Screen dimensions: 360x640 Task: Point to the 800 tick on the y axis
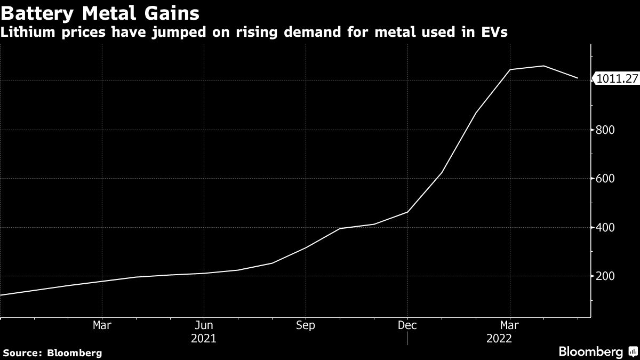click(x=605, y=130)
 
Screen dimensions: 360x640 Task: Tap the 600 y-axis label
click(x=605, y=179)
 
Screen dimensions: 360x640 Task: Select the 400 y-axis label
click(x=605, y=228)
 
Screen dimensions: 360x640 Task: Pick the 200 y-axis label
click(x=605, y=276)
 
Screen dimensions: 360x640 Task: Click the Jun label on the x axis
click(x=203, y=325)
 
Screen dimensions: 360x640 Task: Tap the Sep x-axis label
click(x=306, y=325)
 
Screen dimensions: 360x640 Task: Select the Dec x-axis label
click(x=407, y=325)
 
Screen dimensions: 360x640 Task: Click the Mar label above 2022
click(x=509, y=325)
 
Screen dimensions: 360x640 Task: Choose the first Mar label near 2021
click(x=101, y=325)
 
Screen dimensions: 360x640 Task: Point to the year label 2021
click(x=203, y=338)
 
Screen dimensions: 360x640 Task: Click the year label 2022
click(x=499, y=338)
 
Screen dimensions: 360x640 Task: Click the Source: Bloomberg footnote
click(x=52, y=353)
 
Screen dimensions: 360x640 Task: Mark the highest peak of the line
click(x=543, y=66)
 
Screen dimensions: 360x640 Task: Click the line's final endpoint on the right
click(x=578, y=78)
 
